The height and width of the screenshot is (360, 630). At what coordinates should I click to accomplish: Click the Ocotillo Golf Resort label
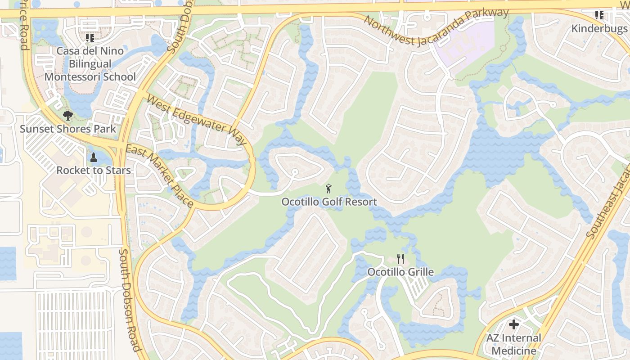pos(329,202)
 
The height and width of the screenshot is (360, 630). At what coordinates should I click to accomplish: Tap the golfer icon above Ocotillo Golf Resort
pos(329,189)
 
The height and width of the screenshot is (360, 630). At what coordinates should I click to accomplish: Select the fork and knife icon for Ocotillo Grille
pos(400,259)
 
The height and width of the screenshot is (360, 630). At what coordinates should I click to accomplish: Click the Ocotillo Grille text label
pos(400,272)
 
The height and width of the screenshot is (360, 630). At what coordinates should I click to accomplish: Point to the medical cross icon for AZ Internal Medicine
pos(513,324)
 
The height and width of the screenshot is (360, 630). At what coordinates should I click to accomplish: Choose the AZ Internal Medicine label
pos(513,344)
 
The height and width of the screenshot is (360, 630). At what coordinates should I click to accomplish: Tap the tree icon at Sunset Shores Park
pos(68,116)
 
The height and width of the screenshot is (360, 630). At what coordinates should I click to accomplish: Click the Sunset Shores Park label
pos(68,129)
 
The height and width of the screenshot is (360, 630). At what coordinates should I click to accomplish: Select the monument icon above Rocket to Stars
pos(94,157)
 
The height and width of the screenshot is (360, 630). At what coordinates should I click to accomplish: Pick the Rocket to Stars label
pos(94,171)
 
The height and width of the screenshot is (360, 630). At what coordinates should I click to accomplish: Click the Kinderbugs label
pos(599,29)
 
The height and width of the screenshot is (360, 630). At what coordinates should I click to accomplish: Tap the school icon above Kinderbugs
pos(599,16)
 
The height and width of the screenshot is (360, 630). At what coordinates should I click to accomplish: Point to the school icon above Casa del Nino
pos(90,38)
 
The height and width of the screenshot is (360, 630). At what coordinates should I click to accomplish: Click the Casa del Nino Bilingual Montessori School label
pos(90,64)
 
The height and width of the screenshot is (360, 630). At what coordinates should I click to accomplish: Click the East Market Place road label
pos(159,176)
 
